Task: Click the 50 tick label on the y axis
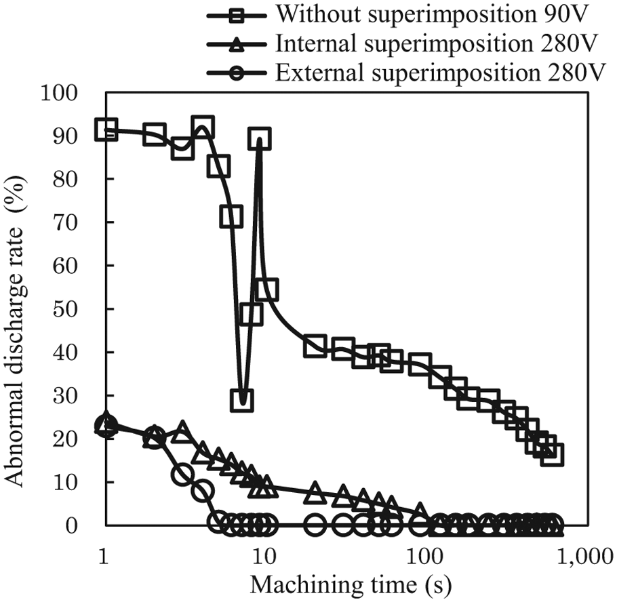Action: tap(65, 309)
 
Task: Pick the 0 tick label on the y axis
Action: tap(72, 525)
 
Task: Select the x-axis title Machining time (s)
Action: tap(351, 584)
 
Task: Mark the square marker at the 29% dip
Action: tap(243, 400)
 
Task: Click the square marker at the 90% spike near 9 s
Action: tap(260, 138)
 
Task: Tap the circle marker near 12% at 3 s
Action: tap(182, 474)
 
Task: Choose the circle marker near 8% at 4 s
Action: tap(202, 491)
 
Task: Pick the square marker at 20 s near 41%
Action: tap(315, 346)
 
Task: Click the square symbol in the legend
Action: tap(237, 16)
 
